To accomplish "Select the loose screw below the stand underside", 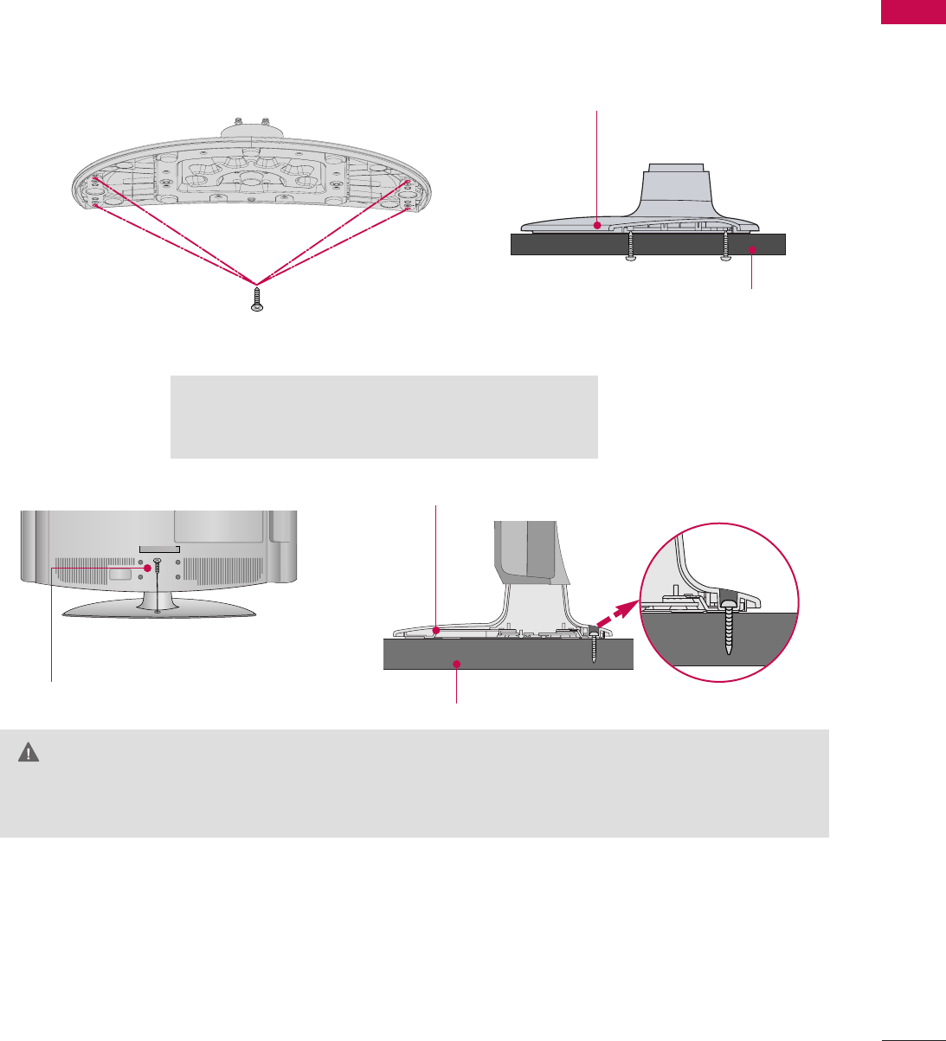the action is click(256, 299).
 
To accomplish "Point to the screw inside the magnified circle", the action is click(729, 623).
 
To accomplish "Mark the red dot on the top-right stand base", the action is click(598, 224).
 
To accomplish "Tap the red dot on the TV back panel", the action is click(147, 568).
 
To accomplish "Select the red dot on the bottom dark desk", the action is click(457, 664).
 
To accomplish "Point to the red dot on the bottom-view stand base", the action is click(436, 630).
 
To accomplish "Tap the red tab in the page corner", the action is click(913, 12).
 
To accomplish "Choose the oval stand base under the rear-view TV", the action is click(160, 610).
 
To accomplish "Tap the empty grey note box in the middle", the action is click(384, 416).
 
